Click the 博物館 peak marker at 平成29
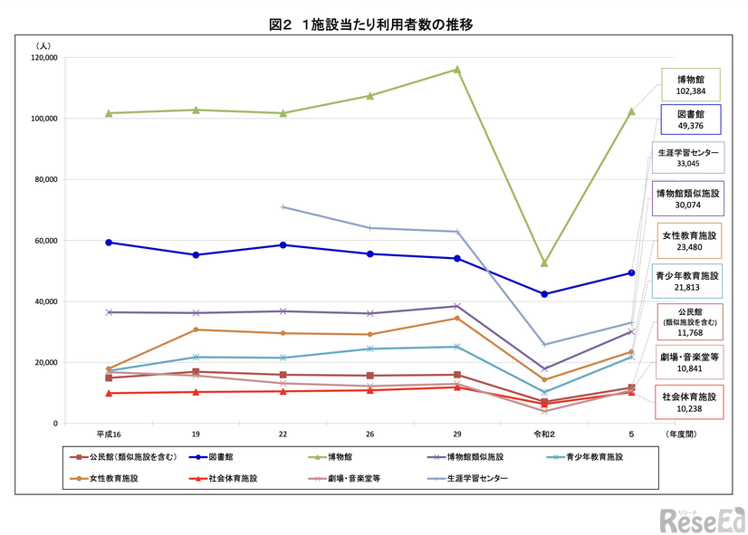tap(457, 69)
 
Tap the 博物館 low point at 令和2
tap(544, 263)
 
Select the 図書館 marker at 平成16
tap(109, 243)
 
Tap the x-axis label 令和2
tap(544, 435)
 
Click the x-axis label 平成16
tap(109, 435)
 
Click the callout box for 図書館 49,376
tap(690, 120)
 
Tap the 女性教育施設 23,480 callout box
tap(690, 240)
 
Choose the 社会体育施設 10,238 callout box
tap(690, 402)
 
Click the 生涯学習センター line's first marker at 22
tap(283, 207)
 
